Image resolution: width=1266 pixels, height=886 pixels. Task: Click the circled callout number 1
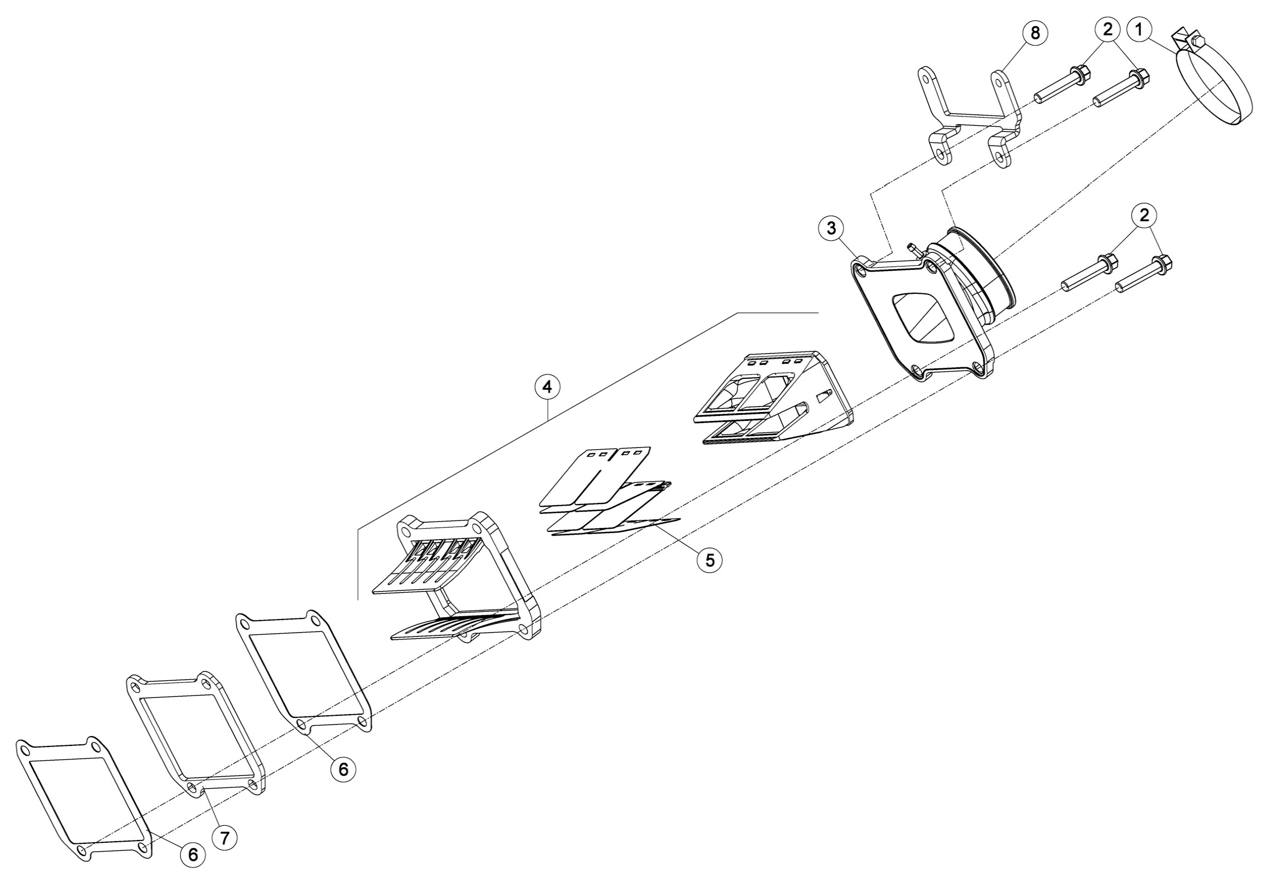pyautogui.click(x=1140, y=30)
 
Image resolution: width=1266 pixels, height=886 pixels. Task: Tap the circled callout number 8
pyautogui.click(x=1035, y=33)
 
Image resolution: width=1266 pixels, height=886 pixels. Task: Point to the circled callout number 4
pyautogui.click(x=547, y=387)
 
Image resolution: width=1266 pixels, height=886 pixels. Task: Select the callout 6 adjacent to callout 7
pyautogui.click(x=193, y=855)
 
